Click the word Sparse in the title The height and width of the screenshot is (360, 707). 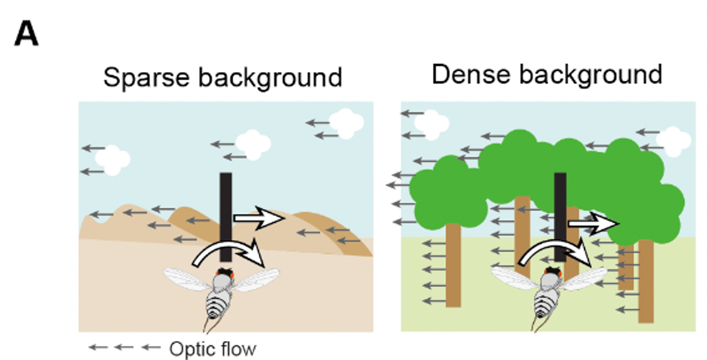point(146,77)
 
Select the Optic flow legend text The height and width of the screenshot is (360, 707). point(212,349)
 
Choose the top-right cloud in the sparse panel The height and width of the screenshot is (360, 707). point(346,123)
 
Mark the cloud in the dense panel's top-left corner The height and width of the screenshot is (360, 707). point(431,124)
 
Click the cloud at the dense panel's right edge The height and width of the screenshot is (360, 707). point(673,141)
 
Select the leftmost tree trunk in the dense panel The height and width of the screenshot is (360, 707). point(453,265)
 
